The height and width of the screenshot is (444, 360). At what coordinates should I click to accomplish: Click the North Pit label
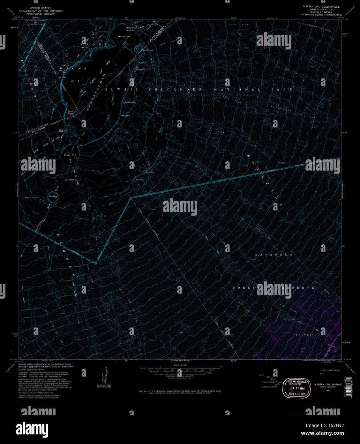click(124, 37)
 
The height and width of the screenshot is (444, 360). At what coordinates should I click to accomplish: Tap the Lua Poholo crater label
click(148, 50)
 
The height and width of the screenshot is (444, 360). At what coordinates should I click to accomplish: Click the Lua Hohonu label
click(71, 180)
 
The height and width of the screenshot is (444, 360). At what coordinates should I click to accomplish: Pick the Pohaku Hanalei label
click(32, 198)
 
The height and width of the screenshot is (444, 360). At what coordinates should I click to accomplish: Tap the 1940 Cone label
click(71, 112)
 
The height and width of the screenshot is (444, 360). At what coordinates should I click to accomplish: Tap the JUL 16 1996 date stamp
click(296, 388)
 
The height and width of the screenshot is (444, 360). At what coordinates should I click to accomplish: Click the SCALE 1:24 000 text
click(180, 365)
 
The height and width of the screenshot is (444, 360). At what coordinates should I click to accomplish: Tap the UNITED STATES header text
click(40, 7)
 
